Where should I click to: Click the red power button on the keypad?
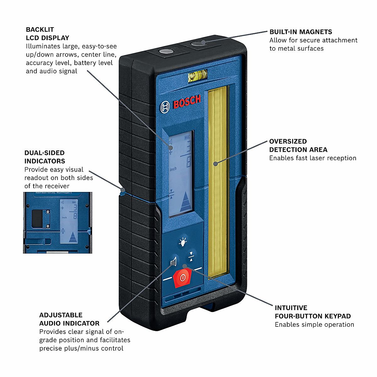[x=183, y=278]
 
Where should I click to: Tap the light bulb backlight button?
[x=183, y=242]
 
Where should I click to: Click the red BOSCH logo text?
[x=187, y=102]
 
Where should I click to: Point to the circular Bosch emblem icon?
[x=165, y=107]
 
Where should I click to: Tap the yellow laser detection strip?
[x=217, y=182]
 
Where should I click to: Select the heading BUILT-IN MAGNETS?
[x=301, y=32]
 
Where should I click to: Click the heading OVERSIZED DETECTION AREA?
[x=298, y=145]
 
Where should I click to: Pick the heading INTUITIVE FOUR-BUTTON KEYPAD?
[x=313, y=312]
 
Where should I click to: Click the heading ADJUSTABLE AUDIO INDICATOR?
[x=69, y=319]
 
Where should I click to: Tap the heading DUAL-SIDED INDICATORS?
[x=45, y=157]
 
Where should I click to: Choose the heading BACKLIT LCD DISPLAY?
[x=47, y=34]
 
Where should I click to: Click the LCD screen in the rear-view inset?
[x=69, y=221]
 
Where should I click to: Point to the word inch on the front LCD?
[x=173, y=169]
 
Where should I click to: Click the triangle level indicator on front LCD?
[x=186, y=202]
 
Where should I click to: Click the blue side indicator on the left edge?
[x=123, y=190]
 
